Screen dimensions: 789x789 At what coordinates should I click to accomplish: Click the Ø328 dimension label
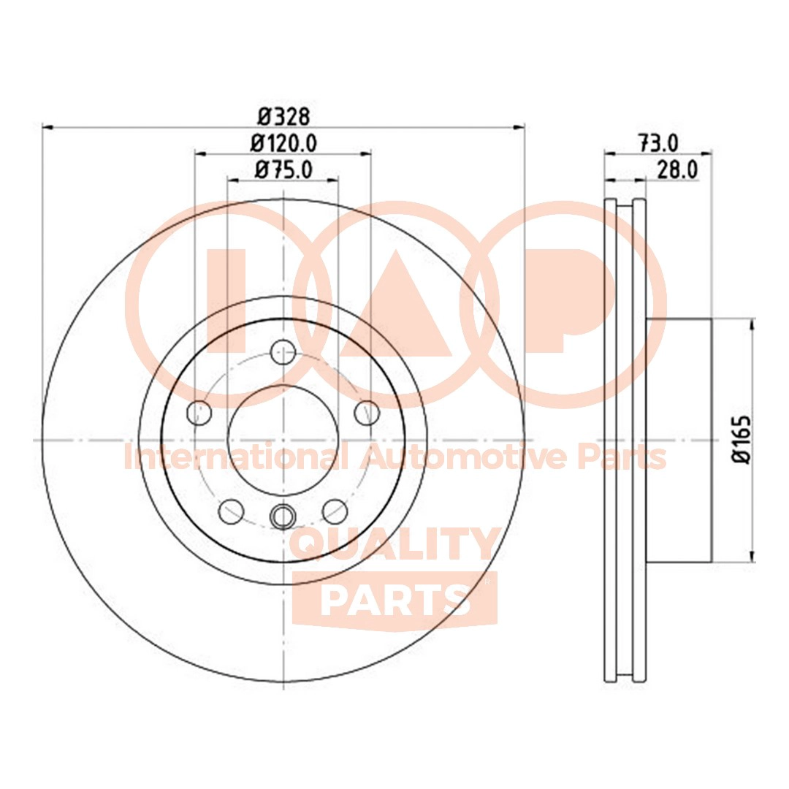click(x=284, y=115)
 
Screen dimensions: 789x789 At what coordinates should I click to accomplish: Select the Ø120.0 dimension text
click(x=283, y=143)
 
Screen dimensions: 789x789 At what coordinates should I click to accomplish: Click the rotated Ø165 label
click(x=743, y=439)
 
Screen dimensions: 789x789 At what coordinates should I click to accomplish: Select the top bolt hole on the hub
click(x=282, y=352)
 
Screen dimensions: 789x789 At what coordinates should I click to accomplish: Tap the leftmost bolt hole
click(x=199, y=413)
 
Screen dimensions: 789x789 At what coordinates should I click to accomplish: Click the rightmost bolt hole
click(x=366, y=413)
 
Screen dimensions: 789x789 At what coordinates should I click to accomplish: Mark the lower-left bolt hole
click(x=231, y=511)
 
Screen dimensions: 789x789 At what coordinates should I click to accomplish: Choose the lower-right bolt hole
click(x=335, y=511)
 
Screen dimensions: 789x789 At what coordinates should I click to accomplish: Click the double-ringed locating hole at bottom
click(x=282, y=517)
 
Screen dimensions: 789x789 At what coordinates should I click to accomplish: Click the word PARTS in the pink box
click(x=394, y=599)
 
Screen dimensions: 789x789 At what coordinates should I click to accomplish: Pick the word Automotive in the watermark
click(x=463, y=458)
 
